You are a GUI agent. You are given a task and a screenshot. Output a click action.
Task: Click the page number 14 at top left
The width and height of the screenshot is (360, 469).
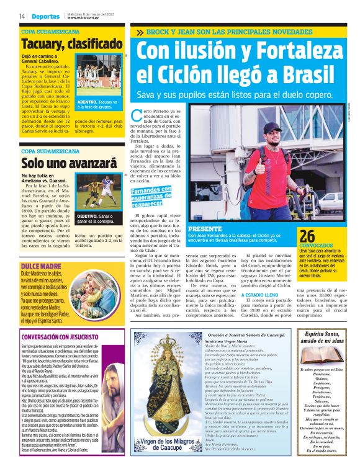(22, 16)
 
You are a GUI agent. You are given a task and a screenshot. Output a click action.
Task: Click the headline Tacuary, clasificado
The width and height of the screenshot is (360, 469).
(72, 44)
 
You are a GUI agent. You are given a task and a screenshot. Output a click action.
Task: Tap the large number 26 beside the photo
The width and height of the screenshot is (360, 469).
(307, 236)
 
